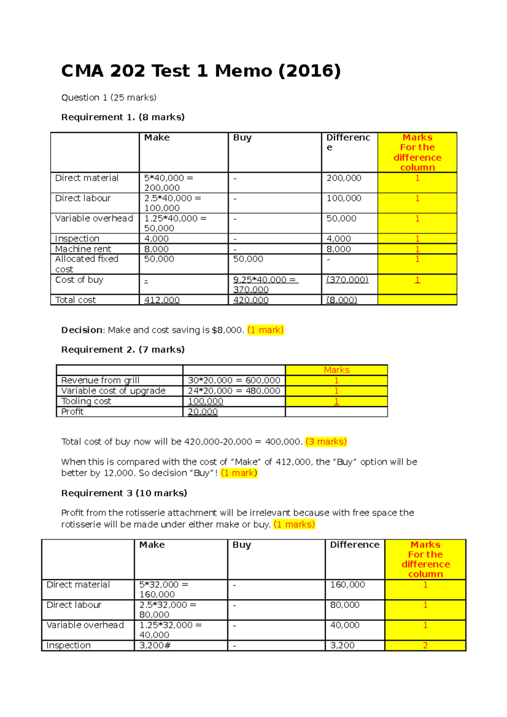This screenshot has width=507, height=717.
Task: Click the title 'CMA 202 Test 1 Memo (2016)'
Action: point(201,71)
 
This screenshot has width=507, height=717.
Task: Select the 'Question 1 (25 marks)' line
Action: point(109,98)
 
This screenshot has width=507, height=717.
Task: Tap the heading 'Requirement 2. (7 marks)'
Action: point(123,350)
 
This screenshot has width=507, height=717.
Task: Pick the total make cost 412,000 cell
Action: point(162,300)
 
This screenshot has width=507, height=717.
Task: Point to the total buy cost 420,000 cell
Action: point(251,300)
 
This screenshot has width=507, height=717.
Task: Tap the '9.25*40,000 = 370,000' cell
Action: point(265,284)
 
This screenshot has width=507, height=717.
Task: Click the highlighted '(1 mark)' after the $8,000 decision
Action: point(265,330)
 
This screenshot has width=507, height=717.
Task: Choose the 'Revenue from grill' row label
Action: point(100,380)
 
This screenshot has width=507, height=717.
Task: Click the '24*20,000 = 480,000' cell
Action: point(234,391)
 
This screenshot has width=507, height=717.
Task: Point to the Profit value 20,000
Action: point(203,412)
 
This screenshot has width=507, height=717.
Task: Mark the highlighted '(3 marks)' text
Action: point(326,442)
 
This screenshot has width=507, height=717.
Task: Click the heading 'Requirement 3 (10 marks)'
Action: point(124,493)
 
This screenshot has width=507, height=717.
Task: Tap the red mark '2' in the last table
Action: point(425,645)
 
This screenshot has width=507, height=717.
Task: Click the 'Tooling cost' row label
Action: point(86,401)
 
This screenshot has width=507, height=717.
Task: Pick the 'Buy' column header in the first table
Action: point(242,138)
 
